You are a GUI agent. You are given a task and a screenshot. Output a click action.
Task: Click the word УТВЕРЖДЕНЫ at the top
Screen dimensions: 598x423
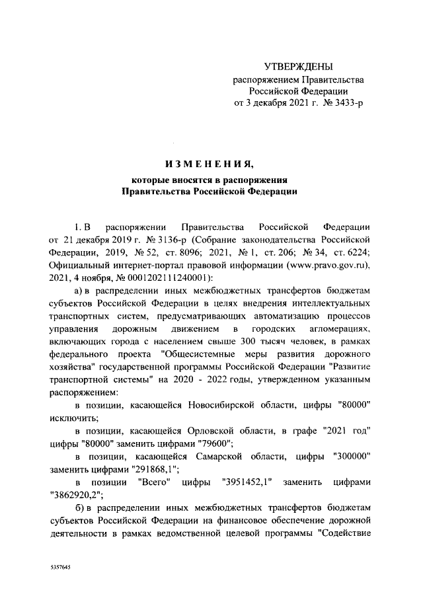point(299,67)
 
